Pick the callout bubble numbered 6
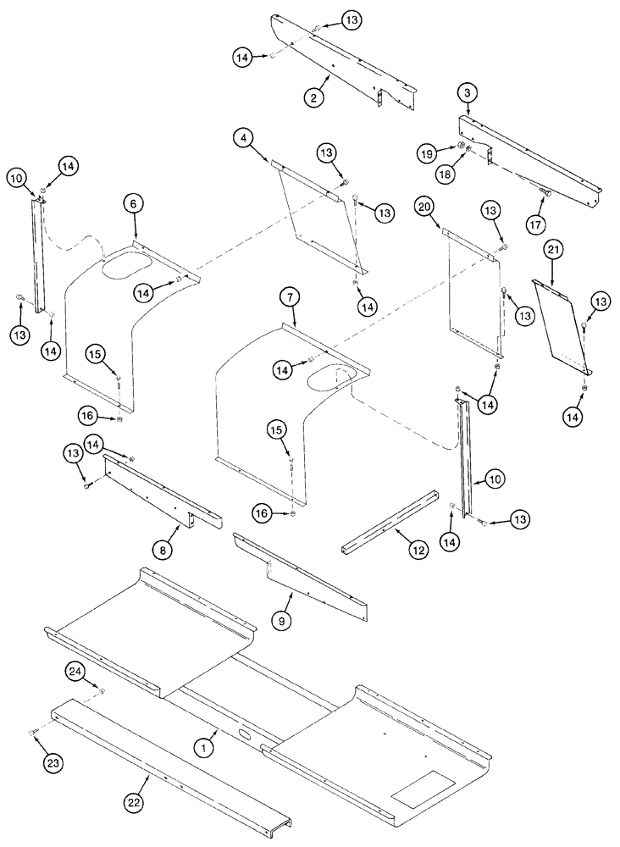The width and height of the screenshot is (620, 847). coord(132,202)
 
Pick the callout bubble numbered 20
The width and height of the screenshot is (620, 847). coord(425,206)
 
